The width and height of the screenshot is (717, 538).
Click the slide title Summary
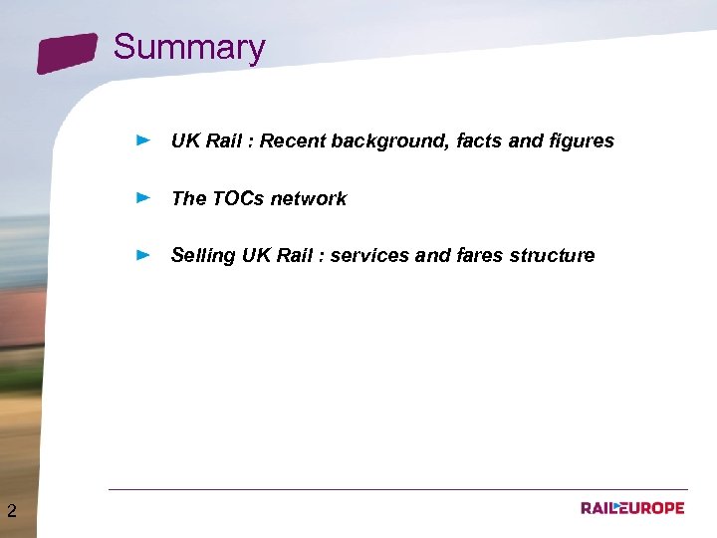click(189, 47)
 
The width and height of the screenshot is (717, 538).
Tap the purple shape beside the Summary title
click(68, 53)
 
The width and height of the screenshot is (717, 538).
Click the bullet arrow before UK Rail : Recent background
click(143, 140)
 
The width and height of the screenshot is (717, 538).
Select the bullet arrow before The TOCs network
click(143, 198)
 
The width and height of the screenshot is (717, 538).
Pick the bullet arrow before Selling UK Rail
click(143, 255)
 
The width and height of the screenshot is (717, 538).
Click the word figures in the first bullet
click(582, 140)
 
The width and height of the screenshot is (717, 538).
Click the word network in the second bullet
click(309, 198)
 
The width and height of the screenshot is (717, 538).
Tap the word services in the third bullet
click(368, 255)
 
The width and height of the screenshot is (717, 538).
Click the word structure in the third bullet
click(552, 255)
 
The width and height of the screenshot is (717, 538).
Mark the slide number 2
click(11, 512)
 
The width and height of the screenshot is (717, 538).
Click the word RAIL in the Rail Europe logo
click(599, 508)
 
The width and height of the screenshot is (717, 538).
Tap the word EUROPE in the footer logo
click(653, 508)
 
